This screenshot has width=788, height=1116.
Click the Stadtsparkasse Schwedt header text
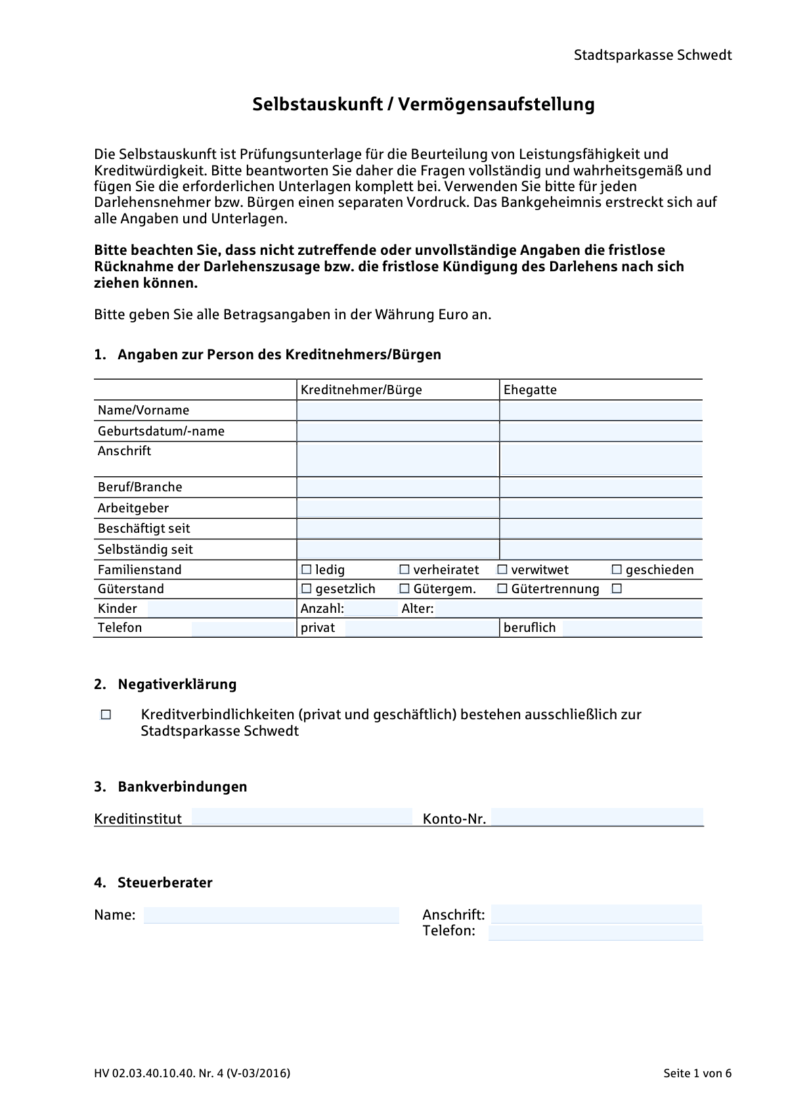coord(652,55)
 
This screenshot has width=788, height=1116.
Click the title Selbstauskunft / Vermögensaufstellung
coord(424,104)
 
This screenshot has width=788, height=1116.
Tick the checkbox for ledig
coord(306,569)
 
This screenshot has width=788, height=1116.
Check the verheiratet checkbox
coord(405,569)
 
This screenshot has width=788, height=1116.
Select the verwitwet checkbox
coord(502,569)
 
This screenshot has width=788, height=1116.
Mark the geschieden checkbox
coord(617,569)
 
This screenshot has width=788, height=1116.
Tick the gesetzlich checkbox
coord(306,589)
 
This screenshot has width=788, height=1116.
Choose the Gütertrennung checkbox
coord(502,589)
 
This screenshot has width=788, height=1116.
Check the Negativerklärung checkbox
coord(106,715)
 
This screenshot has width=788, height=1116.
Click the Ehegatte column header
coord(530,390)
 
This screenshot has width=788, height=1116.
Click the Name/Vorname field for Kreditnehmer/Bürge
coord(397,411)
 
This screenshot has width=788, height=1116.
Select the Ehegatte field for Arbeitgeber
coord(600,508)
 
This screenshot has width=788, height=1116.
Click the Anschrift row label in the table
coord(125,451)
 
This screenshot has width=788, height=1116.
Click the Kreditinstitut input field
coord(301,817)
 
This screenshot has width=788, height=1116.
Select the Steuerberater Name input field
coord(271,915)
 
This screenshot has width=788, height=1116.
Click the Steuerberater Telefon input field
coord(595,932)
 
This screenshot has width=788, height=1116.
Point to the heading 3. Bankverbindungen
coord(171,787)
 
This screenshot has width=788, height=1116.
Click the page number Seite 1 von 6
coord(697,1074)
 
